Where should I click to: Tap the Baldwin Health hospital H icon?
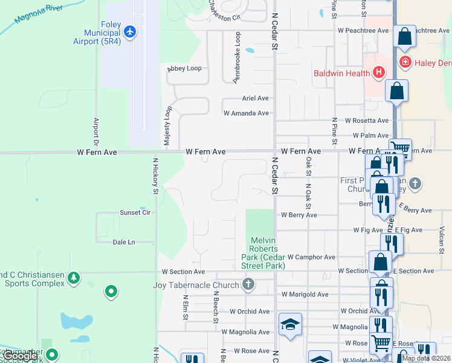coord(379,74)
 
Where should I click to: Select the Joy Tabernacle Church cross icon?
coord(248,284)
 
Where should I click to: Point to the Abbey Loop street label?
coord(184,68)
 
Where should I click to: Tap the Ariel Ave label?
coord(255,98)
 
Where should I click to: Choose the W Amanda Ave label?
coord(246,113)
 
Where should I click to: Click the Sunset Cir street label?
coord(135,212)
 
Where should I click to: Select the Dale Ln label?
coord(124,242)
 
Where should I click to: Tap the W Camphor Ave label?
coord(311,257)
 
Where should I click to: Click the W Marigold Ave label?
coord(305,295)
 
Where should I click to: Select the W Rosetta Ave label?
coord(367,121)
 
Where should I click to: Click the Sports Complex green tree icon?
coord(74,278)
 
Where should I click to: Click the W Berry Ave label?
coord(299,215)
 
